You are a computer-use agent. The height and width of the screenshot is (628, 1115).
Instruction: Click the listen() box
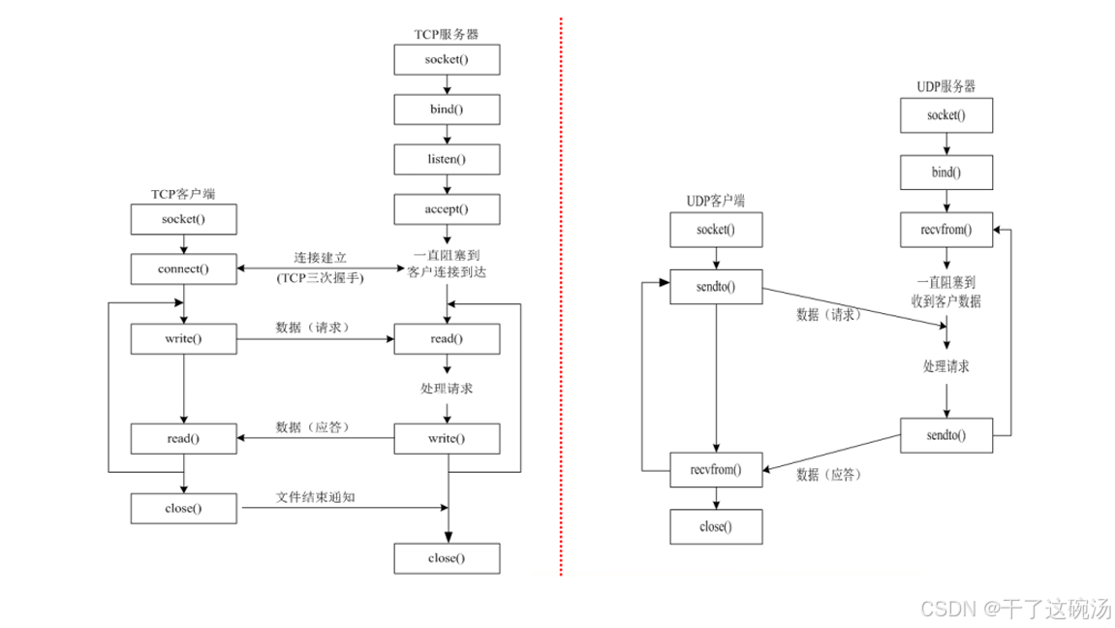coord(447,158)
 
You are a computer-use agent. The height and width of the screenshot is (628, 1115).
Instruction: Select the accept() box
coord(447,207)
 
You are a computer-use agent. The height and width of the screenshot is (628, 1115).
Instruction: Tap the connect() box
coord(183,268)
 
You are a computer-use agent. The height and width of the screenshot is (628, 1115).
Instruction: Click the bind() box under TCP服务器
coord(447,109)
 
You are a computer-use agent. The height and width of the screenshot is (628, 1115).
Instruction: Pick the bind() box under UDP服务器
coord(946,172)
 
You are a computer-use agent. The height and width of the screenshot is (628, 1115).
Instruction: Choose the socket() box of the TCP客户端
coord(183,219)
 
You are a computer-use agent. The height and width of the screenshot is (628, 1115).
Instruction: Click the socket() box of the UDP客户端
coord(716,230)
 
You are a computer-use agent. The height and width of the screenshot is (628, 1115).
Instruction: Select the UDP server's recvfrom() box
coord(946,230)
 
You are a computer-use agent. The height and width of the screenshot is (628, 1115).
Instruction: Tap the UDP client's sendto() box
coord(716,286)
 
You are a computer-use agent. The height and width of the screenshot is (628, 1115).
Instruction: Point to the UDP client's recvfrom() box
coord(716,470)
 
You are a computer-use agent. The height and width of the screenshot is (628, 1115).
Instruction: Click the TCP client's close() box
coord(183,507)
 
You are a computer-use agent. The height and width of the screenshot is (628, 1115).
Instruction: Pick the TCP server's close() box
coord(447,558)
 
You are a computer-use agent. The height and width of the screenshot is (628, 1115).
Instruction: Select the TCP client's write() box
coord(183,339)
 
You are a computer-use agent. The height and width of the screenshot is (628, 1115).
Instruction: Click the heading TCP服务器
coord(447,35)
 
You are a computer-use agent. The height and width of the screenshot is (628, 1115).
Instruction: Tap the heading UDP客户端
coord(715,202)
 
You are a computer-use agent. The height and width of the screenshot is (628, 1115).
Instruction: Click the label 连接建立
coord(320,259)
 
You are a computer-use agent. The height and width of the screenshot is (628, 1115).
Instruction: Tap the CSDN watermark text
coord(1014,610)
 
